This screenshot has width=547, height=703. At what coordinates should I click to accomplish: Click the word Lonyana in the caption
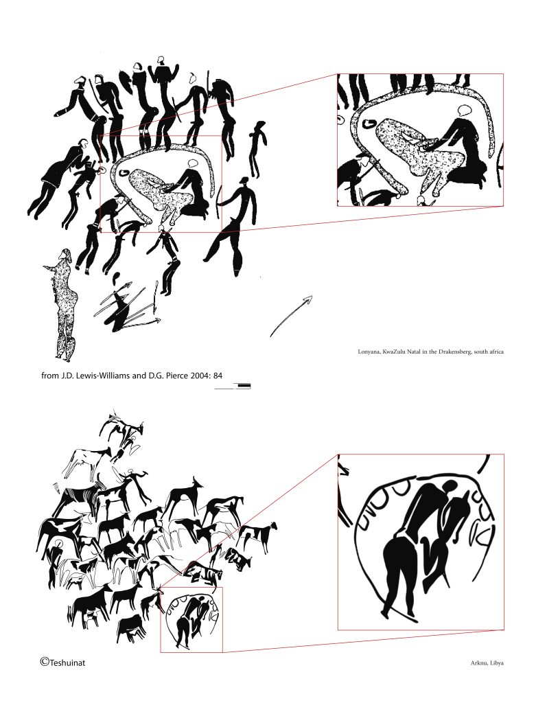point(368,351)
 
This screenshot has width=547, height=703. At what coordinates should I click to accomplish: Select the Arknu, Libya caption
point(487,662)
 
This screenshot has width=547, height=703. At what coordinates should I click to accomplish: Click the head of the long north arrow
point(308,299)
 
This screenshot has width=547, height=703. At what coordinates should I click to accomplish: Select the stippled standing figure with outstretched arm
point(63,305)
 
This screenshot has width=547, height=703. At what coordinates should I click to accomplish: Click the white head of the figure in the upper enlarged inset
point(465,111)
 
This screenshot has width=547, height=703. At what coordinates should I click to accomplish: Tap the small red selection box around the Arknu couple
point(191,588)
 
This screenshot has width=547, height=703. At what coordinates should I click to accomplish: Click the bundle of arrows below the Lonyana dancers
point(128,307)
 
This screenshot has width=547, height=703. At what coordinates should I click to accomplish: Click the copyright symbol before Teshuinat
point(45,661)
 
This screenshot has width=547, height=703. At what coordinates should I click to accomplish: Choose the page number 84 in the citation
point(218,376)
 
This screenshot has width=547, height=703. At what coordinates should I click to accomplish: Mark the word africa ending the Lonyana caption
point(496,351)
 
